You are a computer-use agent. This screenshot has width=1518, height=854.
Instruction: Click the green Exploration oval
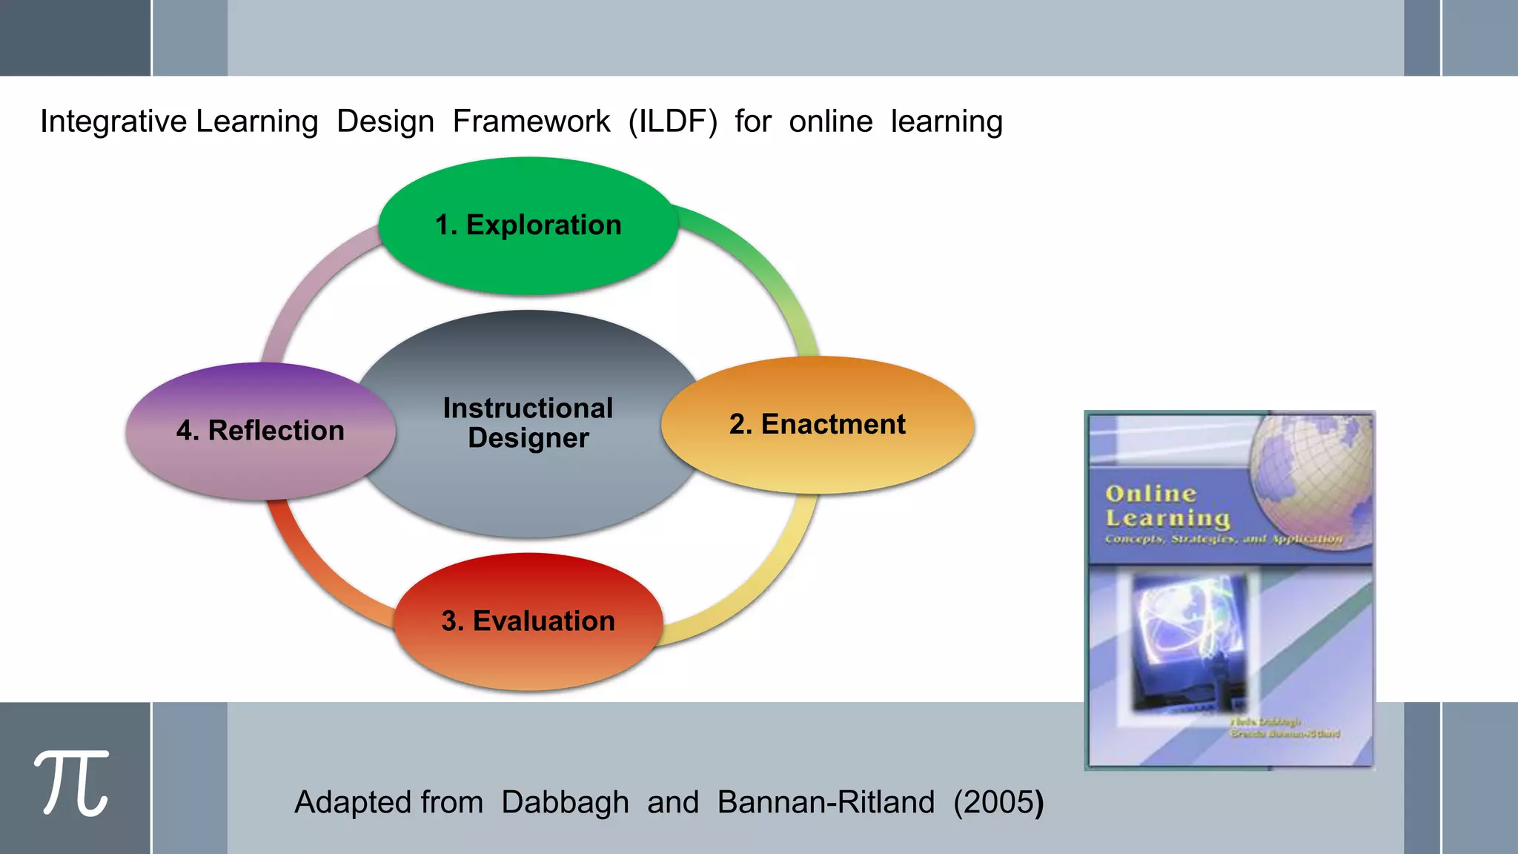(x=528, y=225)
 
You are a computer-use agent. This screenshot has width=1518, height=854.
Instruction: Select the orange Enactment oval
(x=817, y=425)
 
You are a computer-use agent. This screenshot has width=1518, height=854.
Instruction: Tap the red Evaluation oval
(x=528, y=621)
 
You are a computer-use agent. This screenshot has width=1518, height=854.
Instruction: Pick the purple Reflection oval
(x=260, y=431)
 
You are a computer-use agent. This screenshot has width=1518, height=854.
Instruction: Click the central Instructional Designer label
(x=528, y=423)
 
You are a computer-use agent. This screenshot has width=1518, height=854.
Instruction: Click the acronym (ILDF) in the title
(x=672, y=122)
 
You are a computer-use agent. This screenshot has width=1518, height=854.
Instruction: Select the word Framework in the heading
(x=531, y=122)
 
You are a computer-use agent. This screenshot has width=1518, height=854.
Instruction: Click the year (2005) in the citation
(x=998, y=802)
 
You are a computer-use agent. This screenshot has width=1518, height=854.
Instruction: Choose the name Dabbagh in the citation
(x=565, y=802)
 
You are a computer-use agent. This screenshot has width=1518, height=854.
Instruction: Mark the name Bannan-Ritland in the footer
(x=826, y=802)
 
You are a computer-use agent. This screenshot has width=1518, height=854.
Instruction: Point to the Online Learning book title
(x=1167, y=506)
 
